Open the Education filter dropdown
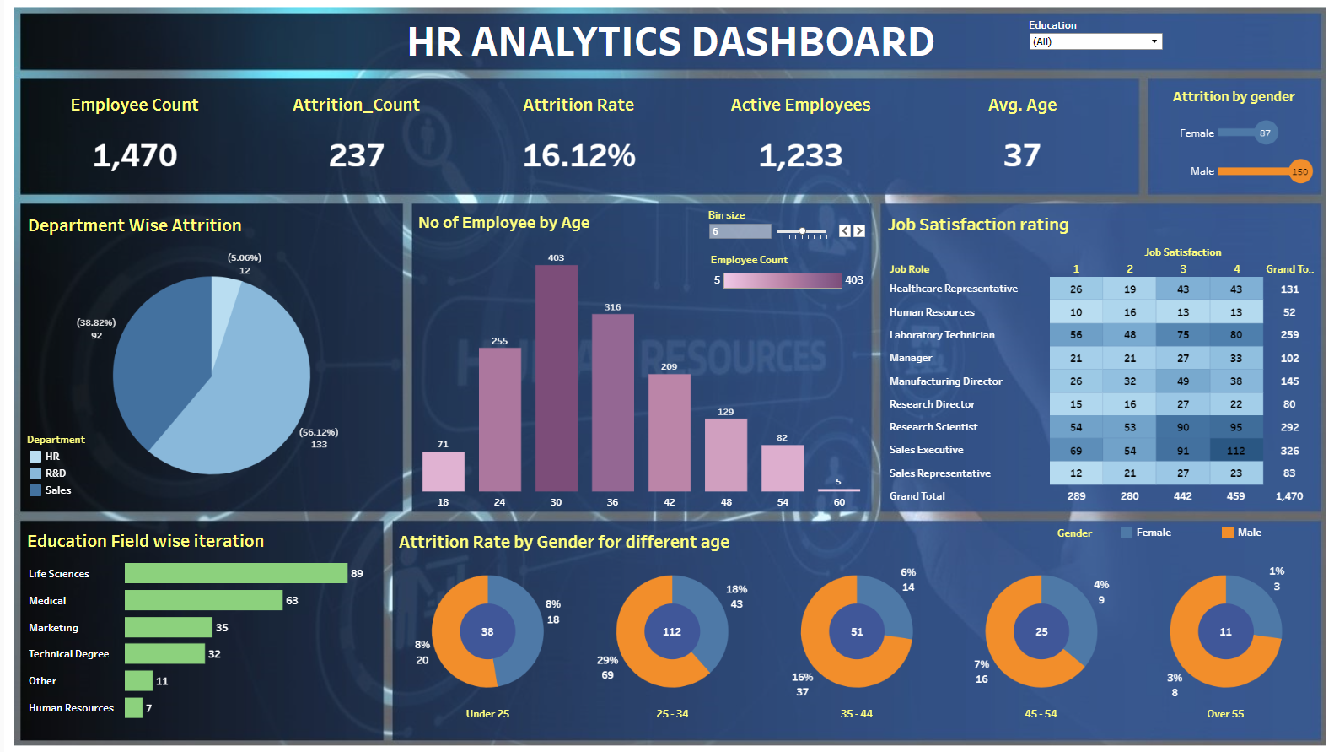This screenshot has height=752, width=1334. click(1154, 41)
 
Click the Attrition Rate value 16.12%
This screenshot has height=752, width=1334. click(578, 155)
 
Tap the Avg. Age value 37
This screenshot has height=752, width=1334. click(1021, 155)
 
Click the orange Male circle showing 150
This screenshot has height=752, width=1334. click(1300, 171)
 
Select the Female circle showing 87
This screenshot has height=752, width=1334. click(1265, 133)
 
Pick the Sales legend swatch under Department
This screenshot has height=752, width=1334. click(35, 490)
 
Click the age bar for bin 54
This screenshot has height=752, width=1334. click(782, 468)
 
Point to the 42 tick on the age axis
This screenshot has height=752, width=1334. click(669, 502)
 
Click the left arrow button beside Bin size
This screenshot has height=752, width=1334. click(845, 231)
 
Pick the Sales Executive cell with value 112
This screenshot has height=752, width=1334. click(1235, 451)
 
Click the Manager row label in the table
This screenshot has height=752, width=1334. click(911, 358)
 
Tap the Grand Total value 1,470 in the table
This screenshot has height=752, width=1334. click(1288, 496)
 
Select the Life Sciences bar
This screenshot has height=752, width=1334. click(236, 573)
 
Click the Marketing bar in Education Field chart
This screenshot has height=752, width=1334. click(169, 627)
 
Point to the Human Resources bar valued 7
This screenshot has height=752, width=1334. click(133, 708)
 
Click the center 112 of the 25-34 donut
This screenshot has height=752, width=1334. click(671, 631)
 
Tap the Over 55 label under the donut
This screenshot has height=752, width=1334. click(1224, 714)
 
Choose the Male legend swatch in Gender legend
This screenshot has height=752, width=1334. click(1227, 533)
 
